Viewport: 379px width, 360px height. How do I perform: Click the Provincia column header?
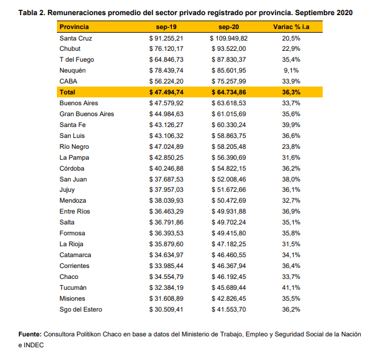[x=74, y=27]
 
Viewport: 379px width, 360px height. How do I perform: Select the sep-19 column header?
[x=166, y=27]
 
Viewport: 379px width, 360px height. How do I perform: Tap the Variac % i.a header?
[x=291, y=27]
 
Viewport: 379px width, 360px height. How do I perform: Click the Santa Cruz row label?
[x=76, y=38]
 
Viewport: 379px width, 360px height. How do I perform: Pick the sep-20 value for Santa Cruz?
[x=229, y=38]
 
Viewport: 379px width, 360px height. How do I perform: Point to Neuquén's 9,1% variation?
[x=291, y=70]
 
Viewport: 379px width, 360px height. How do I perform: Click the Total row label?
[x=67, y=92]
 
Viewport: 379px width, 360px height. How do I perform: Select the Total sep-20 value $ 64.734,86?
[x=229, y=92]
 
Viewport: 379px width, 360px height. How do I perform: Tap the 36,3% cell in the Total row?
[x=291, y=92]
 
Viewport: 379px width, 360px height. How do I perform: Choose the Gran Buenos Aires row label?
[x=87, y=114]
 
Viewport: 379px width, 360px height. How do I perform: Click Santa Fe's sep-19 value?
[x=166, y=125]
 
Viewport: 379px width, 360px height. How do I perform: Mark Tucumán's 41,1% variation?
[x=291, y=287]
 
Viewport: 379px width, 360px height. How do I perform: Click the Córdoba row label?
[x=72, y=168]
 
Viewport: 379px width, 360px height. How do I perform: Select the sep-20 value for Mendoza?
[x=229, y=200]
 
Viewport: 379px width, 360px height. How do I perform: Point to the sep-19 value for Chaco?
[x=166, y=277]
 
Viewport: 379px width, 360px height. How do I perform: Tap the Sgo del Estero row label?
[x=81, y=309]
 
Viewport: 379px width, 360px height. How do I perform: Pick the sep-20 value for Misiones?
[x=229, y=298]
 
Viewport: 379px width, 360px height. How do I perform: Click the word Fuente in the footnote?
[x=30, y=334]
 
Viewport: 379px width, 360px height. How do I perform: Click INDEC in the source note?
[x=33, y=345]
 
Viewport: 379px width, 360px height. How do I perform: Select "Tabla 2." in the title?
[x=32, y=13]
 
